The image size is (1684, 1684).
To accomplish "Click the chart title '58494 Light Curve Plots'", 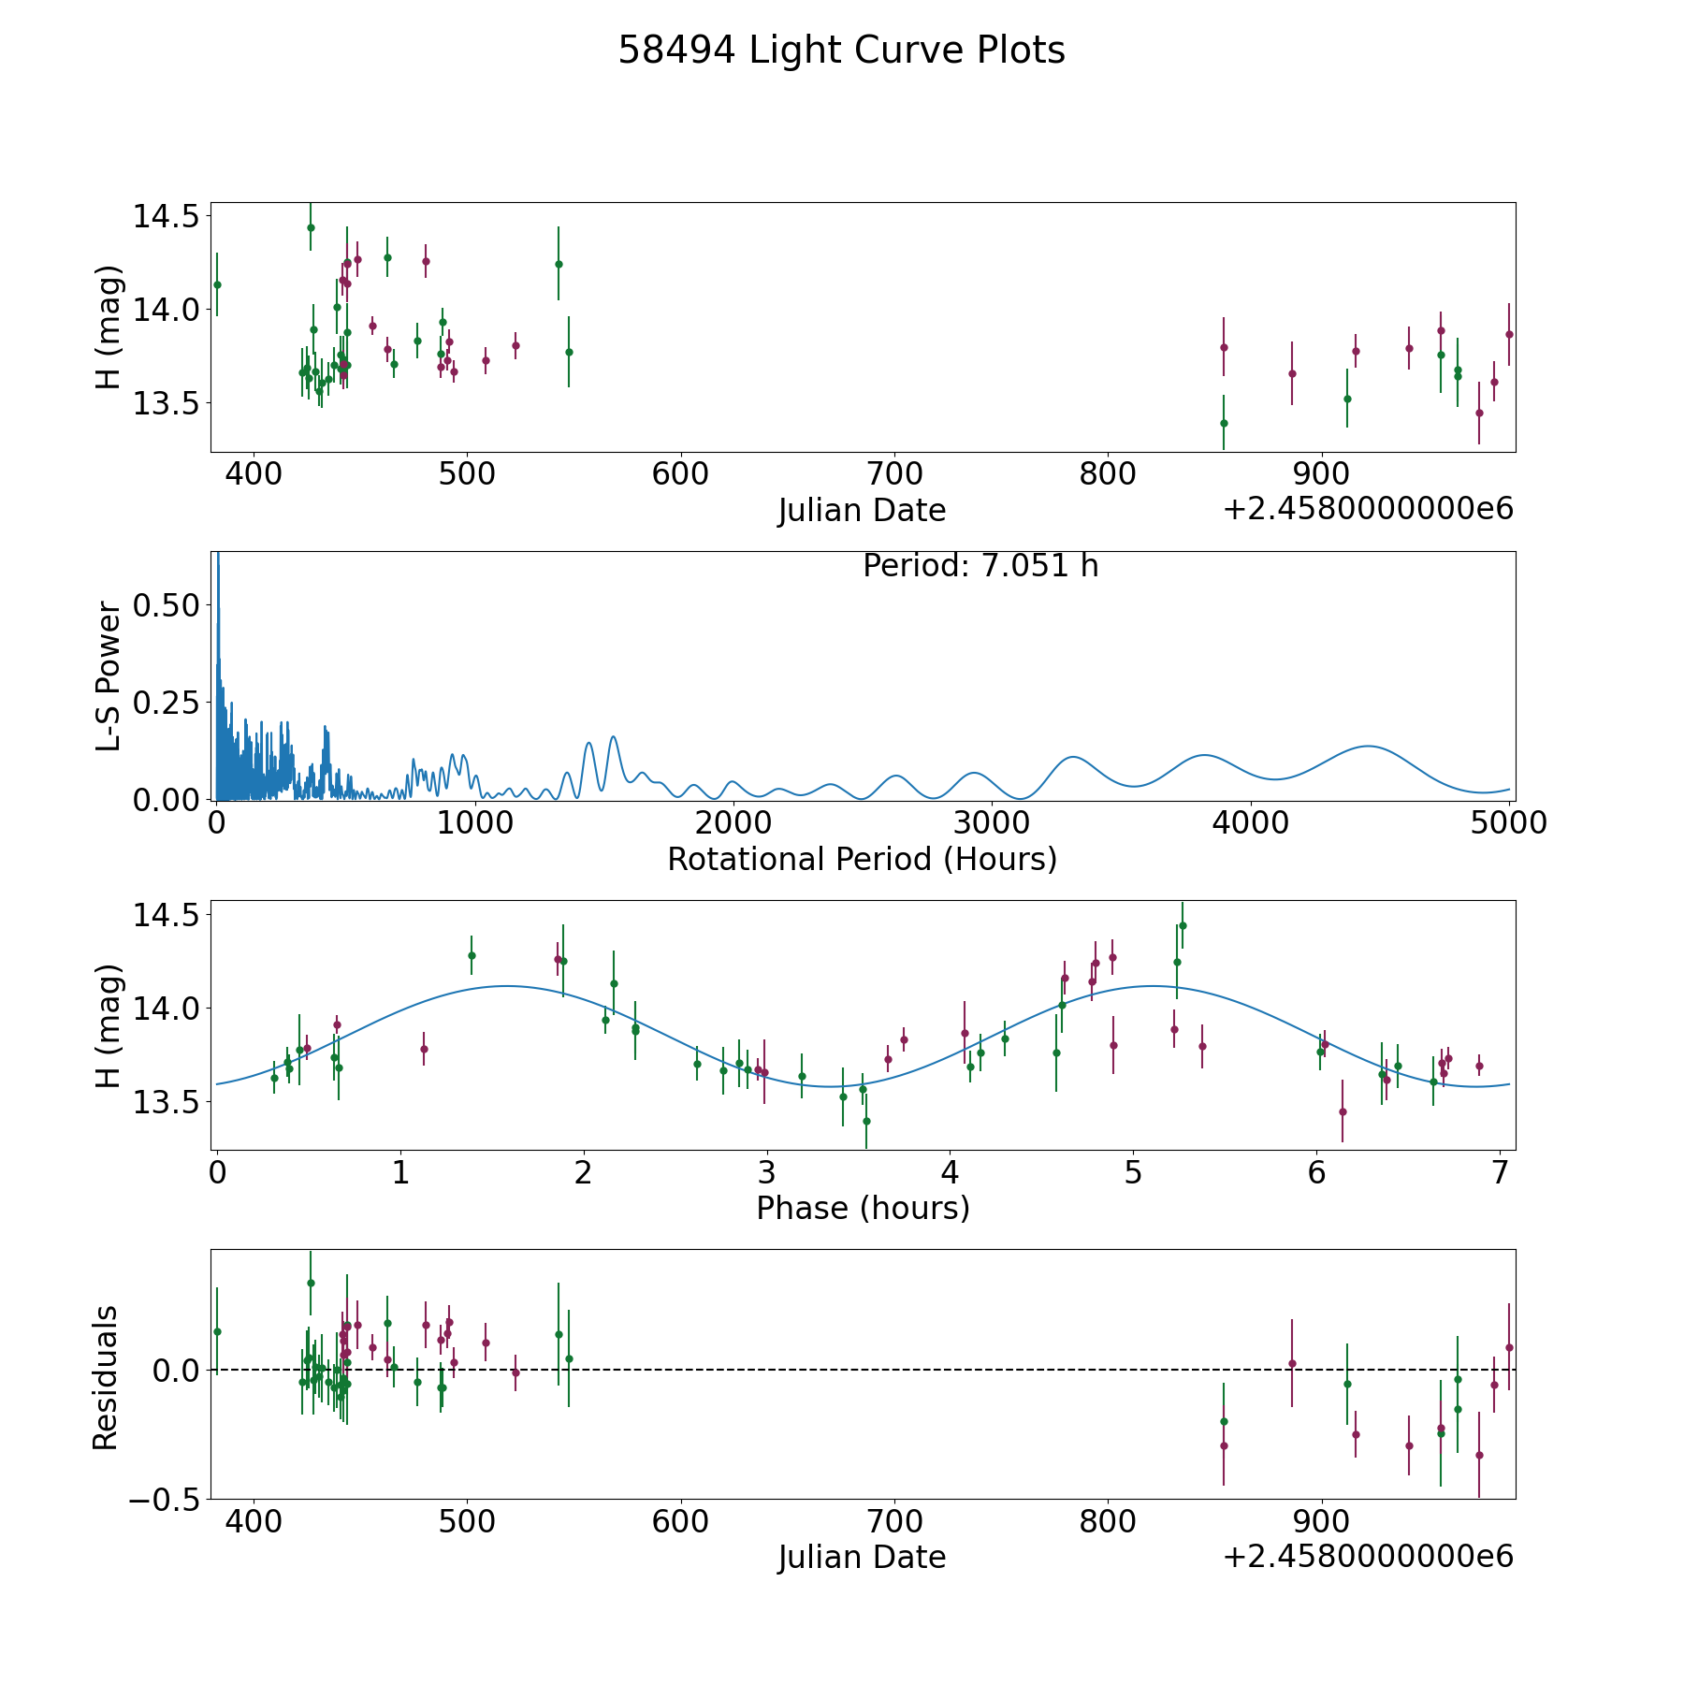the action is point(841,51).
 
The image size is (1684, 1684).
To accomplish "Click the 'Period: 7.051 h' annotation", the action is point(980,566).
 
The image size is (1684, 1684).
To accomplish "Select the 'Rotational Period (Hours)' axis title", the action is point(862,859).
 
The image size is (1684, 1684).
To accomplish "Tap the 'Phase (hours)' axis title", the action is point(863,1208).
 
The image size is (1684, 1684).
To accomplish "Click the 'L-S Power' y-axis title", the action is point(109,675).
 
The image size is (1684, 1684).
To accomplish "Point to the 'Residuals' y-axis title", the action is point(106,1377).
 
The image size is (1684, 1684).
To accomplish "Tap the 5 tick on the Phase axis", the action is point(1133,1172).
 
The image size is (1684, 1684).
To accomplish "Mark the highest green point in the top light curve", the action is point(311,227).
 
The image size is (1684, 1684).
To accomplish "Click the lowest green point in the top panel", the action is point(1224,423).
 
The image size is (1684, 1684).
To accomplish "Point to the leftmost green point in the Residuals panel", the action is point(217,1331).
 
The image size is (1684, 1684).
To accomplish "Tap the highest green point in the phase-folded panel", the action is point(1183,925).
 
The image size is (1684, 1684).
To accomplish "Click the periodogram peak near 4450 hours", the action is point(1368,746).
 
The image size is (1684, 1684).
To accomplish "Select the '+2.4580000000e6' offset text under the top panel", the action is point(1368,509).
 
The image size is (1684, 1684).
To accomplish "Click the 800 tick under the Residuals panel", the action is point(1108,1521).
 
